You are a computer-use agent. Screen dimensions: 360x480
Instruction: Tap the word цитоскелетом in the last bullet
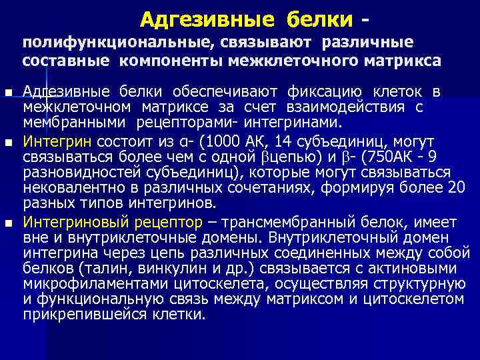click(x=414, y=299)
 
